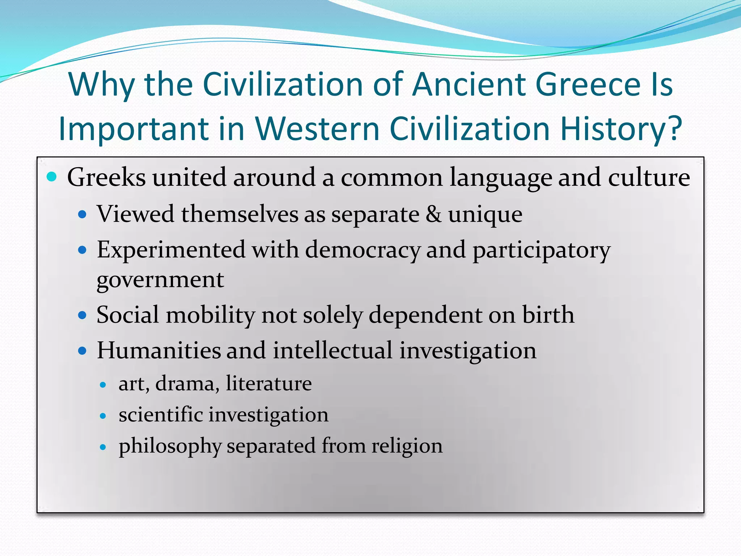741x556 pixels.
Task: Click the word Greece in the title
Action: click(x=588, y=84)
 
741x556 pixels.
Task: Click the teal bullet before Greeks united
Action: click(x=52, y=177)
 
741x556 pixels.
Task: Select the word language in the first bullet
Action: click(x=500, y=178)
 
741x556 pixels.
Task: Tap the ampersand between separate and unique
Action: click(x=433, y=214)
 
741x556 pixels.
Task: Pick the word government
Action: click(x=160, y=280)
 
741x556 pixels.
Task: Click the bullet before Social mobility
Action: click(x=82, y=315)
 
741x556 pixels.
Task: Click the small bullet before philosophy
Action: click(x=103, y=447)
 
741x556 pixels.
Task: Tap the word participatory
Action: click(x=542, y=251)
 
